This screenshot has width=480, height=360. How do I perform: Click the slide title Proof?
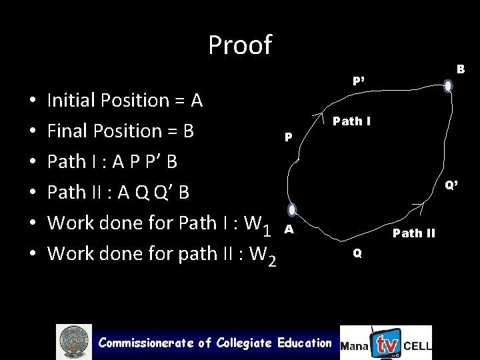(240, 45)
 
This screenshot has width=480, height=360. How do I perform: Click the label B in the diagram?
(461, 69)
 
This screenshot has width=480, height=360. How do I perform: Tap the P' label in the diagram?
(359, 81)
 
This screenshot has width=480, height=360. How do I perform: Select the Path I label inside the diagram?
(352, 121)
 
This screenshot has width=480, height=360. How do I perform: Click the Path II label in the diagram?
(414, 233)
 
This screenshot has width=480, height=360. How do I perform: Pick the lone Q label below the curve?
(358, 253)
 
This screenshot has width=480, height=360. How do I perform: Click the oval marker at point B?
(448, 86)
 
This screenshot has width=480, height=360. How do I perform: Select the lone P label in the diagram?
(288, 137)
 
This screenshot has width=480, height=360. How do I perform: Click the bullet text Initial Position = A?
(125, 101)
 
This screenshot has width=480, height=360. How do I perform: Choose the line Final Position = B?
(121, 131)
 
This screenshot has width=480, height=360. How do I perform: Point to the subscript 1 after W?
(267, 231)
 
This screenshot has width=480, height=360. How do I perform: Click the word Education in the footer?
(304, 343)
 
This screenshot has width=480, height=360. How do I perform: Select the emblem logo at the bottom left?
(74, 342)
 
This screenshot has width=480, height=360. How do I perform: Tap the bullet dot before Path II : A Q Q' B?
(33, 193)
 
